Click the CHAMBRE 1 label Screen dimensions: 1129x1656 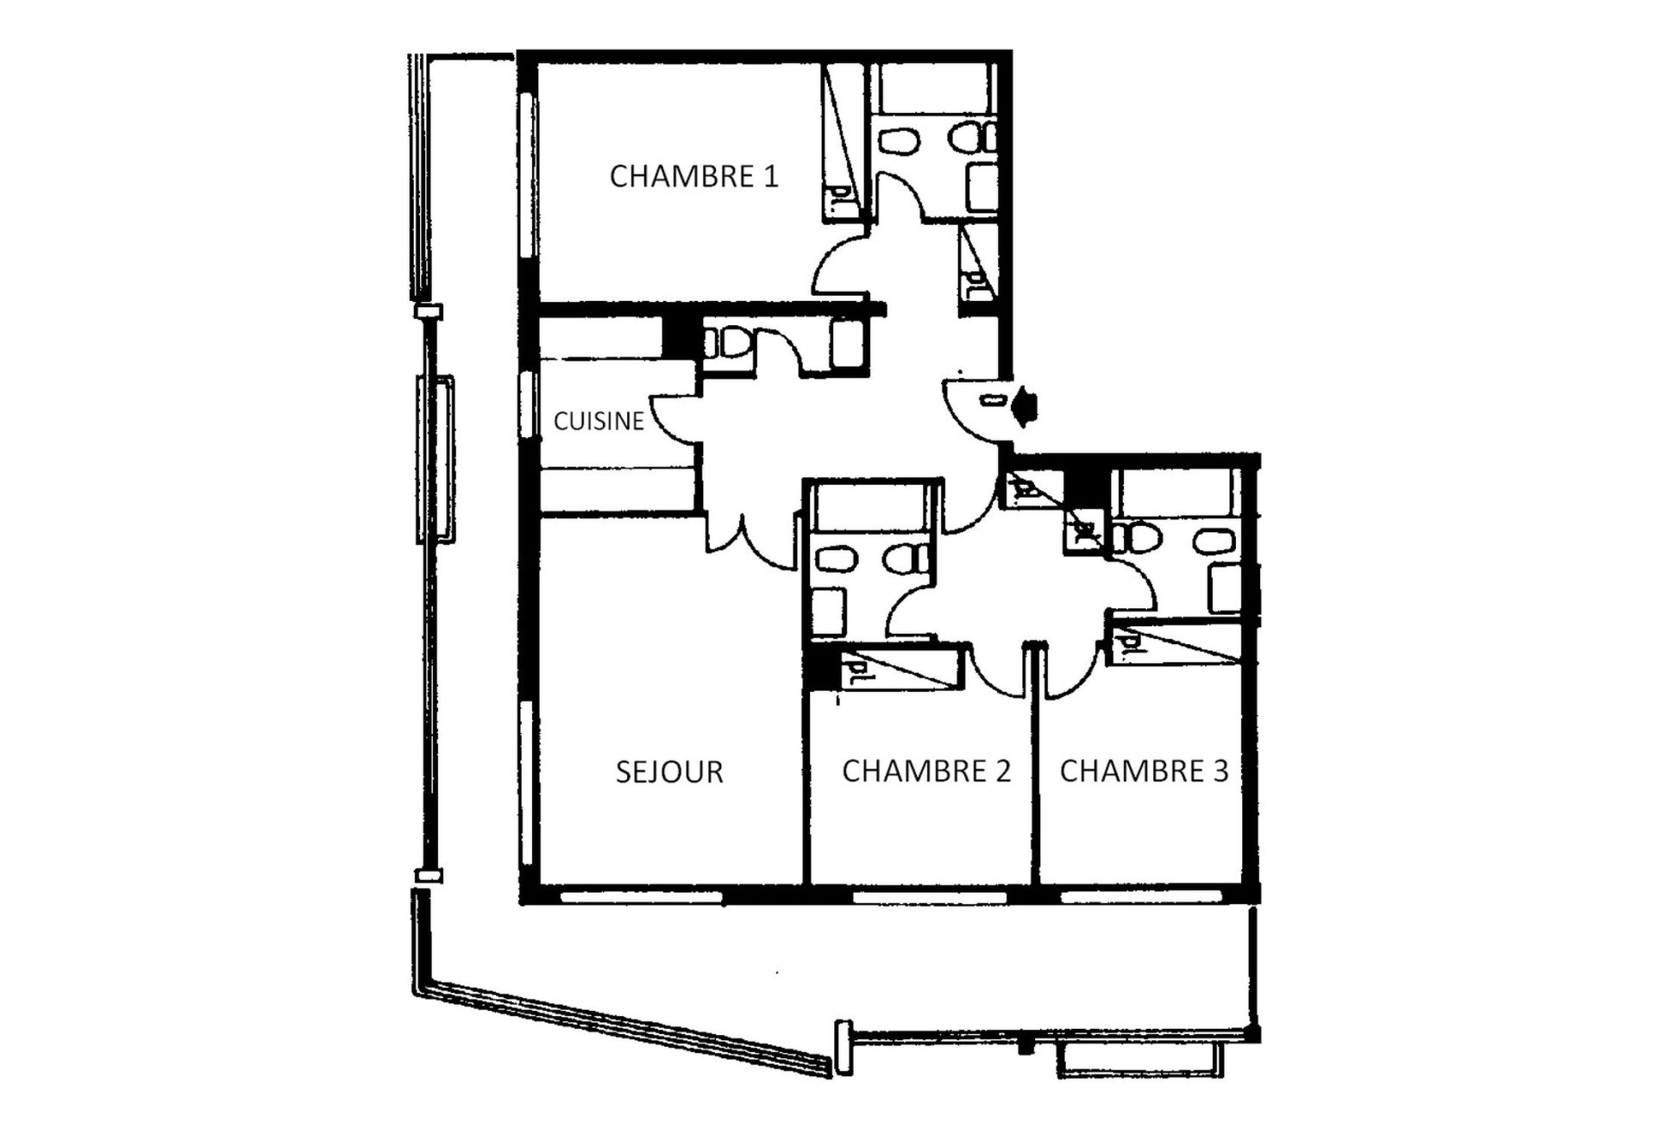tap(693, 176)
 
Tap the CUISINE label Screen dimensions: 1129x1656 tap(599, 421)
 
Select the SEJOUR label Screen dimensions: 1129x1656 tap(669, 771)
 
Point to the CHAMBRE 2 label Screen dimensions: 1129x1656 tap(925, 770)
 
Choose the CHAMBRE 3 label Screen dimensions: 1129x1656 tap(1144, 770)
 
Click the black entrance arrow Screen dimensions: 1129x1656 tap(1025, 406)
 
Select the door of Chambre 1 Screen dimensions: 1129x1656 tap(837, 267)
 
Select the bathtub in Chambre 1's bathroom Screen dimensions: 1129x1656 tap(931, 88)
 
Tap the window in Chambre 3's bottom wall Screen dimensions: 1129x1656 tap(1140, 897)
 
